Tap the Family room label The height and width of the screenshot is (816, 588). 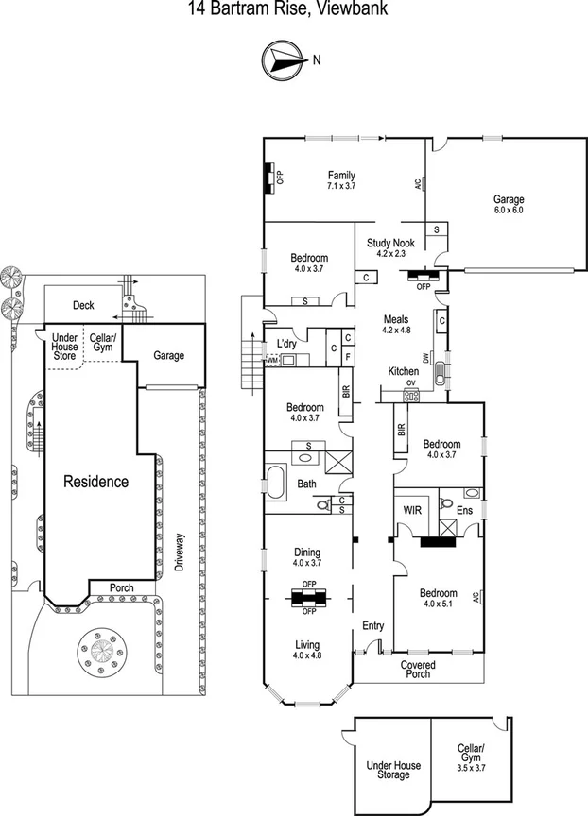pos(341,180)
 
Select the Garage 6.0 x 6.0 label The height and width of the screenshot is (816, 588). pos(508,204)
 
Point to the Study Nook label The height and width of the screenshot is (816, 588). pos(390,247)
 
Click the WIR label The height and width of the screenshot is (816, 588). pos(412,509)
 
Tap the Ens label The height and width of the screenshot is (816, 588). pos(464,510)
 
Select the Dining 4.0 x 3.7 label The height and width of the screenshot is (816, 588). pos(306,557)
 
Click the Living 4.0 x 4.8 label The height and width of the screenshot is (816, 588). pos(306,649)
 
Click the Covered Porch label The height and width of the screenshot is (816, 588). pos(417,670)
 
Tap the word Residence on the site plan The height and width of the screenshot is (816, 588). pos(95,482)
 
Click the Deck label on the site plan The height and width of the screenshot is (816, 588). pos(83,305)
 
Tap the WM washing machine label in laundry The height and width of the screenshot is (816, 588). pos(272,360)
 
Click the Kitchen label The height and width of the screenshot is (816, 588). pos(404,372)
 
